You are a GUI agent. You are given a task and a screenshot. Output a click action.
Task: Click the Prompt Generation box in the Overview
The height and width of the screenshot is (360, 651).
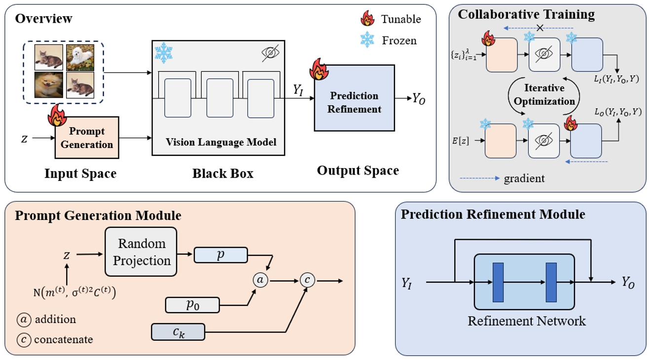click(x=87, y=138)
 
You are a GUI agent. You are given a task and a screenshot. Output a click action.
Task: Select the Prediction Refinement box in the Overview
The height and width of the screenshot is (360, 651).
click(x=354, y=98)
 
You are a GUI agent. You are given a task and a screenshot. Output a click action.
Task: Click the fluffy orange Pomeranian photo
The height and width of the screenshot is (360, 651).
click(x=49, y=86)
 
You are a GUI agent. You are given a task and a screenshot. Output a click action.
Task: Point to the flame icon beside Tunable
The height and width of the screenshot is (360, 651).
click(x=368, y=19)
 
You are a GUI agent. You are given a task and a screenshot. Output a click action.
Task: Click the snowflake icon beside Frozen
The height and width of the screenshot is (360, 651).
click(x=368, y=40)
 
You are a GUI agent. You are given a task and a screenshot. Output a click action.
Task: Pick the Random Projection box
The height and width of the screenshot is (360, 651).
click(x=141, y=251)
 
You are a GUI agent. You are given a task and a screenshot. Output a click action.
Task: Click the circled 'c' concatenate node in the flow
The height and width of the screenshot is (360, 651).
click(x=307, y=280)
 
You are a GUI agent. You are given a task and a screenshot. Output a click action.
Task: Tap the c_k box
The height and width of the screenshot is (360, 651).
click(x=178, y=332)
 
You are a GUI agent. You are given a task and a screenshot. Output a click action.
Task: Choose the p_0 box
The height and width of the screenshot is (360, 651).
click(x=192, y=305)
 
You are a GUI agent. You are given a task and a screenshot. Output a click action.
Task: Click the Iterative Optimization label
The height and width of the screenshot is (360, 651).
click(x=545, y=95)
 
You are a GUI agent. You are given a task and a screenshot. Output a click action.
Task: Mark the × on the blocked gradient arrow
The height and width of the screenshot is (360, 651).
click(x=540, y=28)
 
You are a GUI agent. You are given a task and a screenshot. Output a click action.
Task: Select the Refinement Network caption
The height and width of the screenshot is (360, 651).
click(x=527, y=321)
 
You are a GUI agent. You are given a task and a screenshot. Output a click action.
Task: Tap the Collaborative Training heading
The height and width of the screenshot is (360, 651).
click(x=526, y=14)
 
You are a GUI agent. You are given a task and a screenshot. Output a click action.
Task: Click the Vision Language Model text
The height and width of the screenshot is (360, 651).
click(x=221, y=142)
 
